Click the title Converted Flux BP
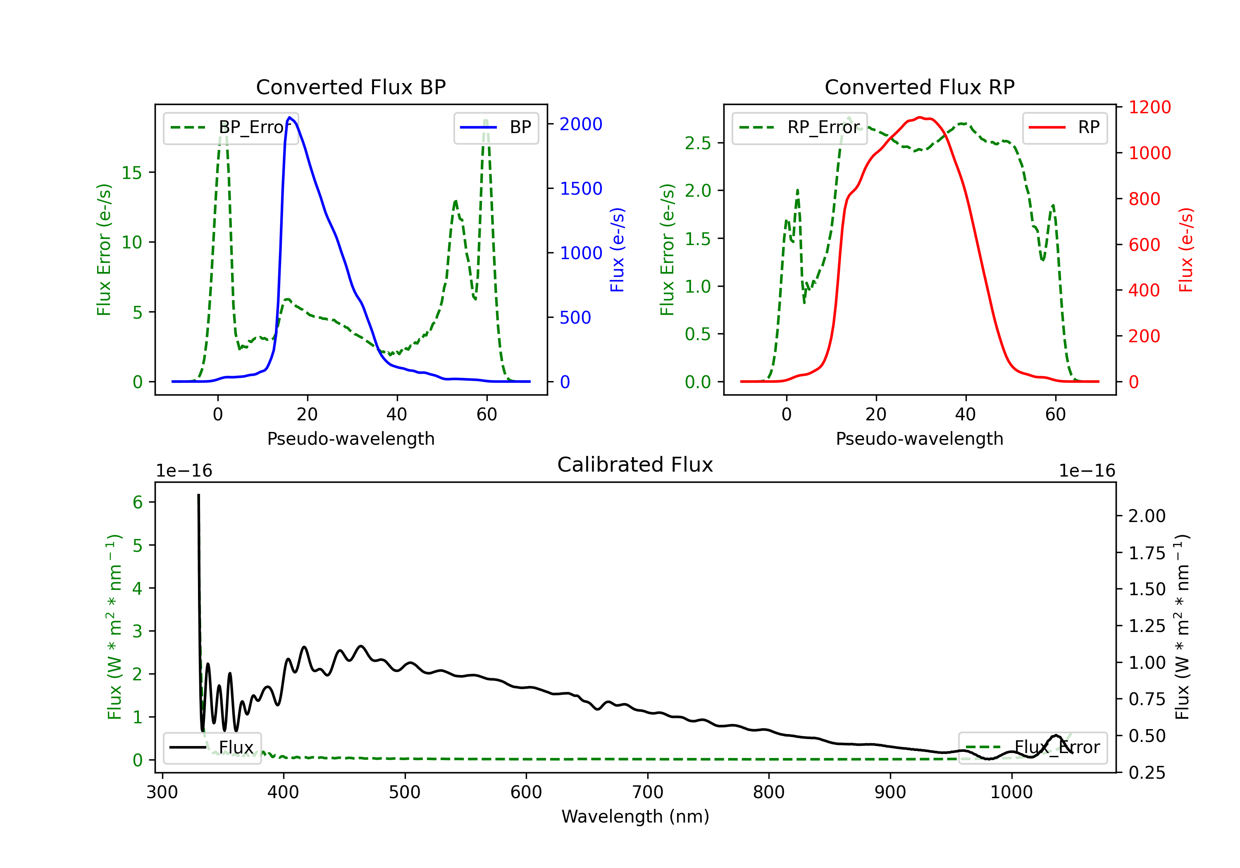351,87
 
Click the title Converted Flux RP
920,87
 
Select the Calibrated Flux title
635,465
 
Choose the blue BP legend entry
496,127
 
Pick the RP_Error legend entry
799,127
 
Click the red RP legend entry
1064,127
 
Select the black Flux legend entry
212,748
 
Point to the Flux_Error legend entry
1033,748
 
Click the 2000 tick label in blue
581,124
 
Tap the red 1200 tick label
1150,107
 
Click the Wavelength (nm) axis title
635,817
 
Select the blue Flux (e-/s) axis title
617,250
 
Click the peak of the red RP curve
920,117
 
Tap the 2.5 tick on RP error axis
698,143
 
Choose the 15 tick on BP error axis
132,173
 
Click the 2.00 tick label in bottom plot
1147,516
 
